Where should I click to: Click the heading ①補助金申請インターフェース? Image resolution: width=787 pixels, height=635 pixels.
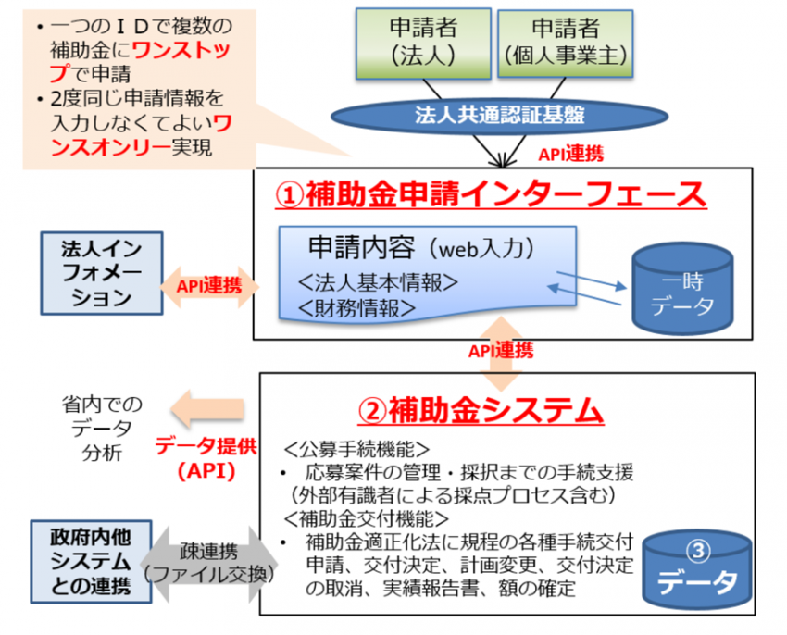[493, 195]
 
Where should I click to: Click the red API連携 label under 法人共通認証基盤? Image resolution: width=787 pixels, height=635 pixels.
[570, 154]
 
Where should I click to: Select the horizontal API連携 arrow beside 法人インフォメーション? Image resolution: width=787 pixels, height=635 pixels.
[209, 285]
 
